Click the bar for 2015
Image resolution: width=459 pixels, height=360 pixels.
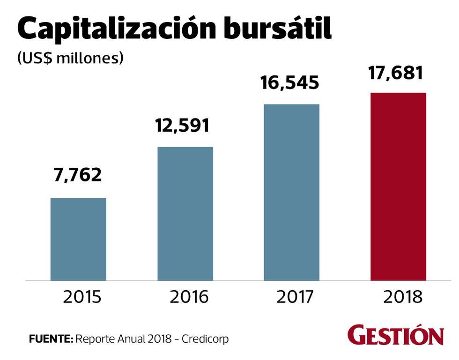pyautogui.click(x=78, y=239)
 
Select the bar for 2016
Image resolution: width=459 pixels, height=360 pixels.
pyautogui.click(x=185, y=213)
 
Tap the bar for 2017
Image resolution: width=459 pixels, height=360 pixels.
pyautogui.click(x=291, y=192)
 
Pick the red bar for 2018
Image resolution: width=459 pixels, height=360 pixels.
pyautogui.click(x=398, y=187)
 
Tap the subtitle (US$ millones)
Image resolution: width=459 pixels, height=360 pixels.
pyautogui.click(x=70, y=58)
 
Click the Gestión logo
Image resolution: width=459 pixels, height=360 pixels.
pyautogui.click(x=396, y=335)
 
